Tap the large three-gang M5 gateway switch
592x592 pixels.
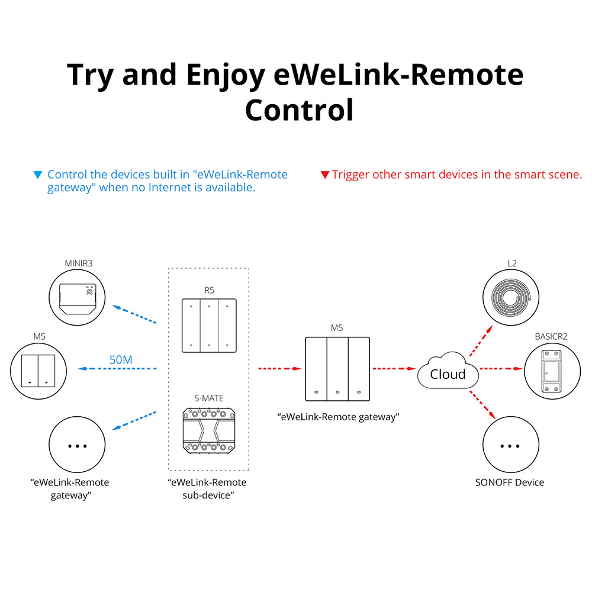point(337,369)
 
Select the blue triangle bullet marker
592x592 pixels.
point(38,175)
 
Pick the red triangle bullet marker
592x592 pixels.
point(324,175)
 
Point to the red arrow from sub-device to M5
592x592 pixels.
point(281,369)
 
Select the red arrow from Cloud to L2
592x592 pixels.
point(480,340)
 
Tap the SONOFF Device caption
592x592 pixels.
point(509,482)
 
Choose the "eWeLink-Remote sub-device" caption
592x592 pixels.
point(207,489)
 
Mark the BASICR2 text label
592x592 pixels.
point(551,336)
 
